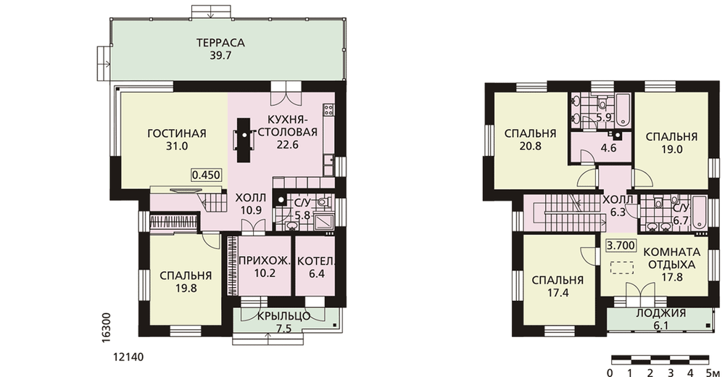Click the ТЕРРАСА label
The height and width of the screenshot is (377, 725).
220,43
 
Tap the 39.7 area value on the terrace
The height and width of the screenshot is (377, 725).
220,56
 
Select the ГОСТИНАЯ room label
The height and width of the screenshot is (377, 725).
177,133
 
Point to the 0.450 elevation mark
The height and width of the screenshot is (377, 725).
206,175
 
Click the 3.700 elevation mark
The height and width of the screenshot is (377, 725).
621,245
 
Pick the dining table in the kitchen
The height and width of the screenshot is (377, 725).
244,140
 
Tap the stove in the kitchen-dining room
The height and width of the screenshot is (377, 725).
328,109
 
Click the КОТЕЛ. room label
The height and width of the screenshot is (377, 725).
316,261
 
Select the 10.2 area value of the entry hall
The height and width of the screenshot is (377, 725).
265,273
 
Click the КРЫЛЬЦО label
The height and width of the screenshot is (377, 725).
283,316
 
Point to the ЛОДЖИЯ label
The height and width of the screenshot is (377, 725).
660,313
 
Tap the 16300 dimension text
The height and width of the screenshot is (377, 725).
106,328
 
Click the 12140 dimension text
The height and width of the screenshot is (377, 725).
128,357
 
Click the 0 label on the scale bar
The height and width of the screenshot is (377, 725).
610,373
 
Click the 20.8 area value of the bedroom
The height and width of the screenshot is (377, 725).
530,146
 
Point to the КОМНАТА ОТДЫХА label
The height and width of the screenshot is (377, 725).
672,259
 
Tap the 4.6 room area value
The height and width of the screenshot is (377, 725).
608,149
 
